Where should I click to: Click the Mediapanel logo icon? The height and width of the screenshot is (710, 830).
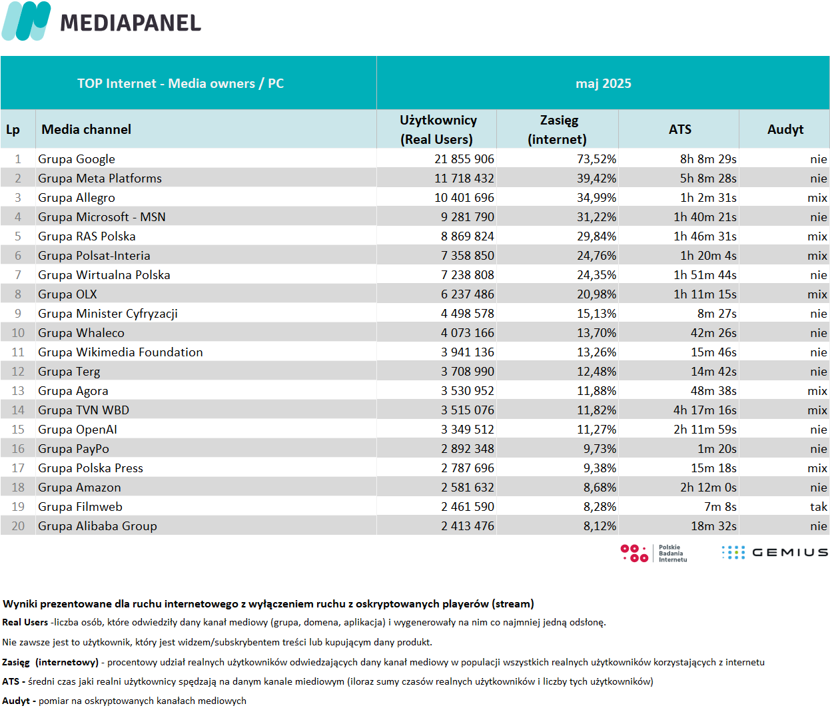click(26, 21)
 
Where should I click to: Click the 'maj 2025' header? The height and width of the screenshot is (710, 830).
click(603, 83)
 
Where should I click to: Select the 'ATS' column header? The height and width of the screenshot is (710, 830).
click(679, 129)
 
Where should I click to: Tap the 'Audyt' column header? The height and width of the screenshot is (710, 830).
click(785, 129)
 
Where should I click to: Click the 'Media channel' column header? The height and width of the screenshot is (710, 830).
click(87, 129)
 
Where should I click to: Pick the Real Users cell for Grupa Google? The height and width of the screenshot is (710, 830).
click(464, 159)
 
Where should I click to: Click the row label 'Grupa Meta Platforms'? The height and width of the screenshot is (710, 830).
click(99, 178)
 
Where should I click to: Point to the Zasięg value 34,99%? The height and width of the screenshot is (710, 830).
click(596, 198)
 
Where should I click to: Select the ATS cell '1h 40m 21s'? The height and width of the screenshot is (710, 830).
click(705, 217)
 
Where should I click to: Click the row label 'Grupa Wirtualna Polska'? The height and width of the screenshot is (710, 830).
click(104, 274)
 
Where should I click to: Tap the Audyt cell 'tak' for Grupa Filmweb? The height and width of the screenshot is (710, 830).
click(819, 506)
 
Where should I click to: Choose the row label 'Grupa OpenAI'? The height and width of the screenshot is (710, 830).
click(77, 430)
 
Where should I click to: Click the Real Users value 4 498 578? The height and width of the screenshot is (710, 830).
click(468, 313)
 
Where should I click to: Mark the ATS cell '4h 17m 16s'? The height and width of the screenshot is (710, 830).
click(705, 410)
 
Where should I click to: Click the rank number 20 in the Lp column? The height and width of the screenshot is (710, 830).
click(18, 526)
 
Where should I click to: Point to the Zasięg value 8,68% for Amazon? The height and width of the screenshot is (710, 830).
click(600, 487)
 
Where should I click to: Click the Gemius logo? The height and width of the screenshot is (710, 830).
click(775, 552)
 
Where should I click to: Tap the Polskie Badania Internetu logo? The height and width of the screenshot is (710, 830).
click(653, 553)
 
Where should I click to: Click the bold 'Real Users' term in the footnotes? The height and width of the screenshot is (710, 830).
click(25, 622)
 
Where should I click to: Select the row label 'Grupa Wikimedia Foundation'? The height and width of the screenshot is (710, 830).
click(121, 352)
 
